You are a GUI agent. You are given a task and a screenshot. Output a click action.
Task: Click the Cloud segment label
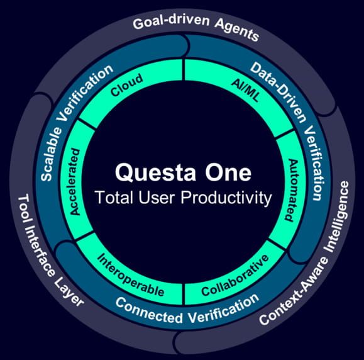127,85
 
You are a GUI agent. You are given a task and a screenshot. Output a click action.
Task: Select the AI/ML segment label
246,90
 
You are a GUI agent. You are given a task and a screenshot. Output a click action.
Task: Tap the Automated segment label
291,190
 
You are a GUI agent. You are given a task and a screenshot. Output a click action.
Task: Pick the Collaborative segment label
235,276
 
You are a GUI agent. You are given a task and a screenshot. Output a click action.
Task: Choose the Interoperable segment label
131,275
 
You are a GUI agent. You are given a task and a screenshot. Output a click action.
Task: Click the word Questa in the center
155,173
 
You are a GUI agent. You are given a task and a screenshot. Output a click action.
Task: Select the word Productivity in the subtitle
226,198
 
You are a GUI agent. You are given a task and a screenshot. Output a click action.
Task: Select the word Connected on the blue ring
149,310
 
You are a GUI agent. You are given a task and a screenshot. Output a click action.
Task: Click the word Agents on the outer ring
237,30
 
